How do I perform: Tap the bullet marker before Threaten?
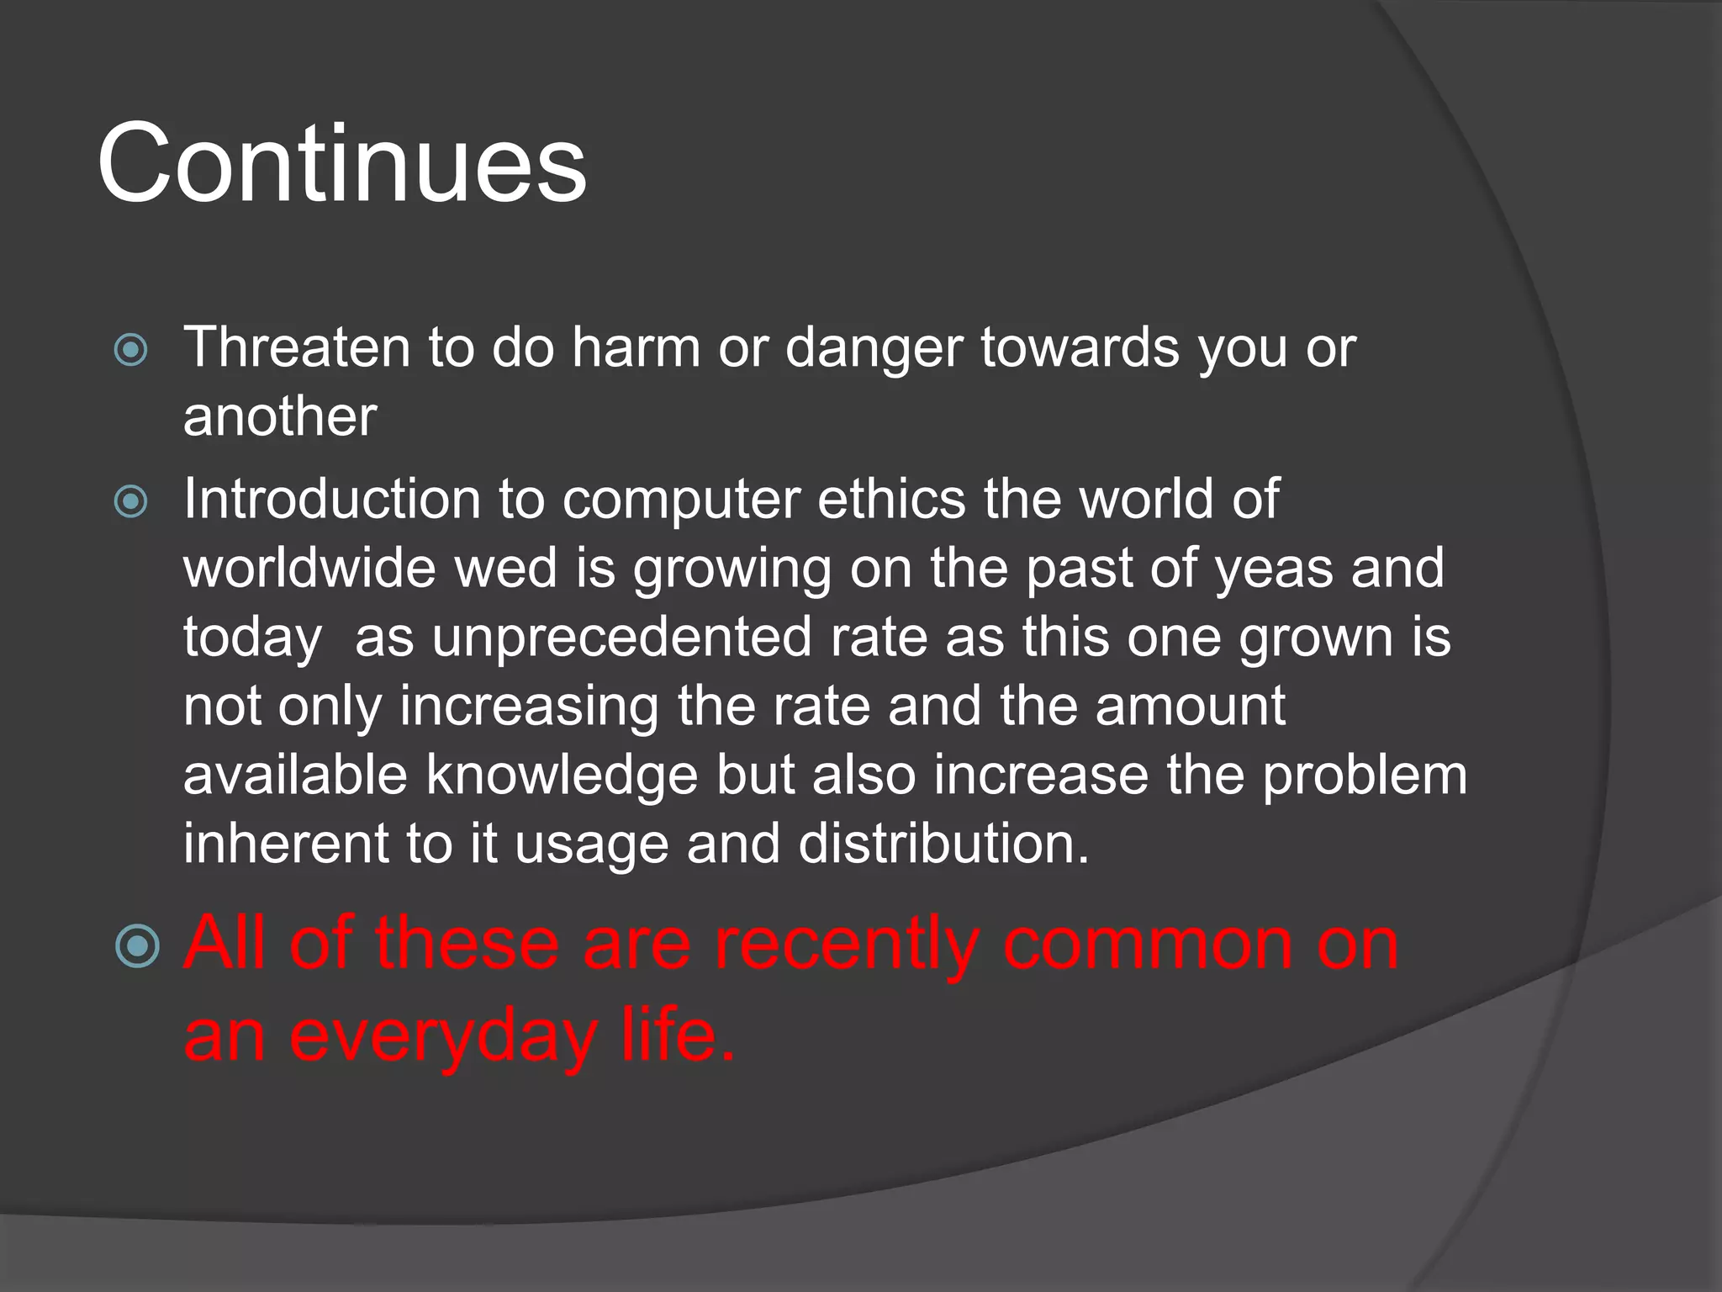tap(131, 350)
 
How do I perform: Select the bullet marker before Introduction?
tap(131, 502)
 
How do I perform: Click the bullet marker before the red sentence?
tap(137, 946)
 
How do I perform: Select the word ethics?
tap(891, 499)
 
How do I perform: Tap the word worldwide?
tap(309, 568)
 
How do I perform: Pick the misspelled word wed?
tap(505, 568)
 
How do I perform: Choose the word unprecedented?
tap(621, 637)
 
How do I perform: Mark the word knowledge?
tap(562, 775)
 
